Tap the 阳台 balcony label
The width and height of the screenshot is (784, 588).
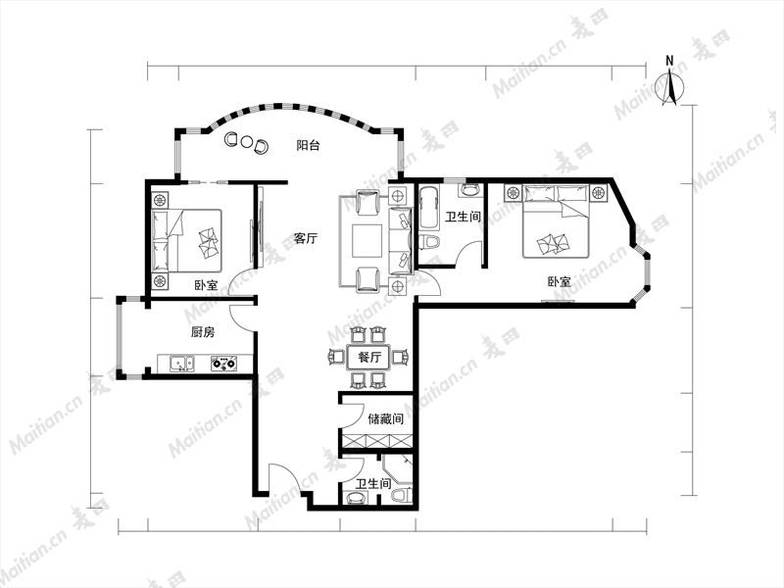[308, 146]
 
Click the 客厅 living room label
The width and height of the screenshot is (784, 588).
[305, 238]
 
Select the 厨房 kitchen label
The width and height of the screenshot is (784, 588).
[203, 332]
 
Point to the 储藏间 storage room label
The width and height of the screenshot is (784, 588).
[385, 418]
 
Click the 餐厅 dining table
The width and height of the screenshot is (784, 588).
[370, 358]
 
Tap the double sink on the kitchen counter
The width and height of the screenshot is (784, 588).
[181, 364]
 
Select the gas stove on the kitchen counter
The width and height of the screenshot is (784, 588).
[223, 364]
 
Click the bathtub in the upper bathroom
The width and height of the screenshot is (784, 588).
[428, 211]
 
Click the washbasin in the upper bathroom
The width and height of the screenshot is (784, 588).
[469, 189]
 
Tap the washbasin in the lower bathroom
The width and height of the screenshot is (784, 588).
[356, 498]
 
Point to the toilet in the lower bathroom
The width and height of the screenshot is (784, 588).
[401, 496]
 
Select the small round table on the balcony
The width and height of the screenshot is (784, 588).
[246, 141]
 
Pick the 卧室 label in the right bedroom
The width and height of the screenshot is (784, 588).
[559, 282]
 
